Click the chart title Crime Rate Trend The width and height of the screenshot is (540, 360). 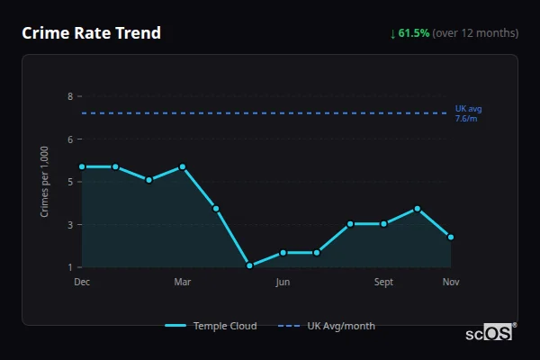coord(92,33)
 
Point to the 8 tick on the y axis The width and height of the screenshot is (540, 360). coord(69,95)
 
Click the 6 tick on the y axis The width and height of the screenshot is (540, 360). coord(69,139)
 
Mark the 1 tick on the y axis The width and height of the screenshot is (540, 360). coord(69,267)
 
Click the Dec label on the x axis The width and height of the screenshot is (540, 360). coord(82,283)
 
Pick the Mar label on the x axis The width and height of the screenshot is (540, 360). coord(183,283)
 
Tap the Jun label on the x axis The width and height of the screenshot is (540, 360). coord(283,283)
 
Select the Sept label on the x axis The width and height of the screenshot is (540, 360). coord(383,283)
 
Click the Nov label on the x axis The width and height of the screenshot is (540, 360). coord(451,283)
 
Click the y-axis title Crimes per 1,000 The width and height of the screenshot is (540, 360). coord(45,182)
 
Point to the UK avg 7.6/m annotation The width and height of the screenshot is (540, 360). coord(468,113)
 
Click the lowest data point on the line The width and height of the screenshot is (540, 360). coord(249,265)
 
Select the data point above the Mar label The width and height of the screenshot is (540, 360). coord(183,166)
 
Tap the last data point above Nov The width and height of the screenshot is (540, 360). coord(451,238)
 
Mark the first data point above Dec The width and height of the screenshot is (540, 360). coord(82,166)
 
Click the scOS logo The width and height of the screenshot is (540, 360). coord(490,332)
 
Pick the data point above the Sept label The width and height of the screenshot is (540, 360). coord(383,223)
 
